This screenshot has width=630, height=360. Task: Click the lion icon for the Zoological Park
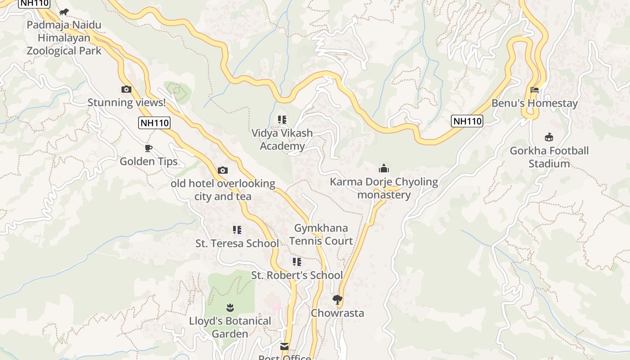(x=64, y=12)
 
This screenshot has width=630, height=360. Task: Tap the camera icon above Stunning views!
(x=126, y=90)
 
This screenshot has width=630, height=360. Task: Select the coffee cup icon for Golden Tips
(x=148, y=148)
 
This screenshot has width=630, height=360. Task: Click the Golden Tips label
(x=148, y=162)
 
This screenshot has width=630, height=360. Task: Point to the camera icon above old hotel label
(x=222, y=170)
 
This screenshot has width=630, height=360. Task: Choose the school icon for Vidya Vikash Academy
(x=282, y=120)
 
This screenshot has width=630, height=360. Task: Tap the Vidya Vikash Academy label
(x=282, y=139)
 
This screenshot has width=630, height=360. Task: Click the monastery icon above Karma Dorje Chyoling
(x=384, y=169)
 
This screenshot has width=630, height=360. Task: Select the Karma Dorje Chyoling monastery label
(x=384, y=188)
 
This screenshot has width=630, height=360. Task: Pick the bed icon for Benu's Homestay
(x=534, y=90)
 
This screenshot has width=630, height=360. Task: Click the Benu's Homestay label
(x=534, y=103)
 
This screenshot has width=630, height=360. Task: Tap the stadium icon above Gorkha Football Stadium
(x=549, y=137)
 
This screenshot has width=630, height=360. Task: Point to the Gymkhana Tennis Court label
(x=321, y=234)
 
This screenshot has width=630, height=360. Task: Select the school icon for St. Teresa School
(x=237, y=230)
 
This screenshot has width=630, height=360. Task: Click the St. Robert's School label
(x=297, y=275)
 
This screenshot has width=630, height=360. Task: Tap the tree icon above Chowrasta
(x=337, y=300)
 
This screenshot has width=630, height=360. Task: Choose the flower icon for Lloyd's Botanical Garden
(x=230, y=308)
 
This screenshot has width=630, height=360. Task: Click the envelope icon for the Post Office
(x=284, y=346)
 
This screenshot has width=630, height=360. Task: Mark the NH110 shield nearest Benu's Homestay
(x=467, y=121)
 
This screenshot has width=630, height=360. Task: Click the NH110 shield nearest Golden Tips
(x=154, y=123)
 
